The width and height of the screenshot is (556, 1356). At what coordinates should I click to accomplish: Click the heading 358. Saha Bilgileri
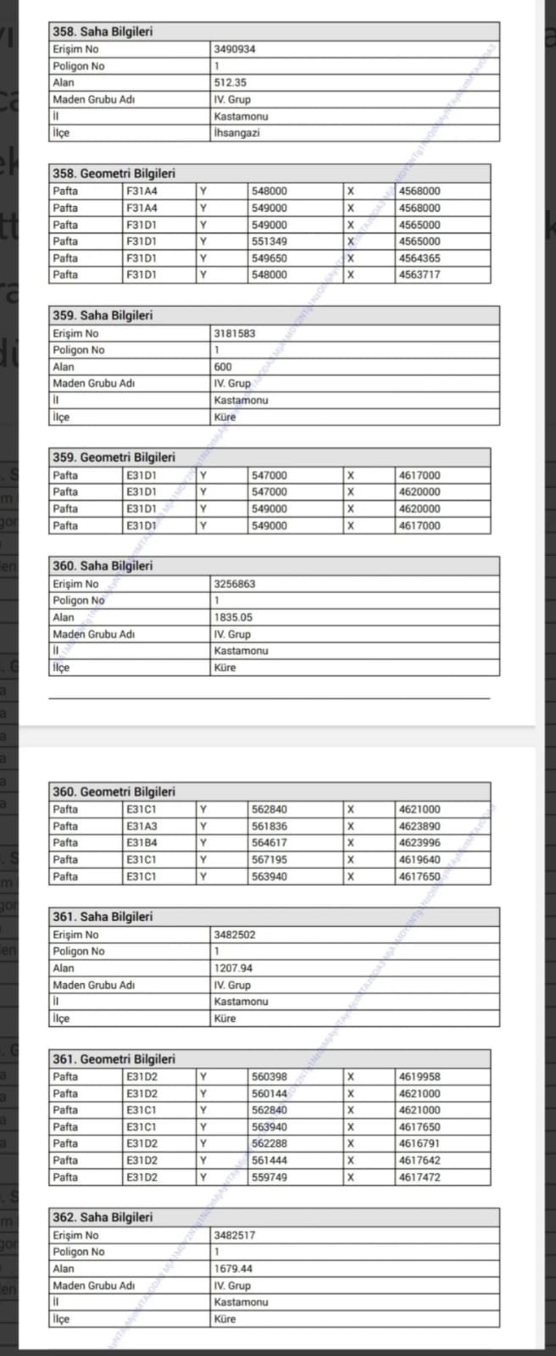coord(103,32)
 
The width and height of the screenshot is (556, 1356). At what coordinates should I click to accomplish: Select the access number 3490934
coord(235,49)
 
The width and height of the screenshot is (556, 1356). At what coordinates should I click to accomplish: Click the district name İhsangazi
coord(236,133)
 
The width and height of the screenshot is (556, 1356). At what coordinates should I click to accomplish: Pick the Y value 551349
coord(270,242)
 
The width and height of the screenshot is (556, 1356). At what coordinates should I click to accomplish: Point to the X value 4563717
coord(420,275)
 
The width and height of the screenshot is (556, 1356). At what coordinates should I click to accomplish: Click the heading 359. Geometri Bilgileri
coord(114,458)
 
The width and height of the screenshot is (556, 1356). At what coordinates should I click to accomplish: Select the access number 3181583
coord(235,334)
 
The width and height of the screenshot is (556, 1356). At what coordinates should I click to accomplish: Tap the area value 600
coord(223,367)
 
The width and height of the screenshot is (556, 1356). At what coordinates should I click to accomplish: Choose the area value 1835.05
coord(233,618)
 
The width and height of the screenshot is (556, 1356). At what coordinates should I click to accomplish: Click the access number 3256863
coord(235,584)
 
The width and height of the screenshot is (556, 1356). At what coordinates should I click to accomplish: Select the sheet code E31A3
coord(142,826)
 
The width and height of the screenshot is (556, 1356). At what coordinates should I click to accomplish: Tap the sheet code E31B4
coord(142,843)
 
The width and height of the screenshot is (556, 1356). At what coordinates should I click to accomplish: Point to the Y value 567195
coord(270,859)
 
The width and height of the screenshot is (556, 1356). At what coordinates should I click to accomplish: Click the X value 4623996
coord(420,843)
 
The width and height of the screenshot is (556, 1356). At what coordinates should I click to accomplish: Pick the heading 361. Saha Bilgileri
coord(103,917)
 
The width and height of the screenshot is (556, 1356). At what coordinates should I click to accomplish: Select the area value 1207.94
coord(233,968)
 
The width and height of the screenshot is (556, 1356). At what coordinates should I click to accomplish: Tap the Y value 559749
coord(270,1177)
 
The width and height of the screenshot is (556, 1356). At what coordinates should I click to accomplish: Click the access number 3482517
coord(235,1236)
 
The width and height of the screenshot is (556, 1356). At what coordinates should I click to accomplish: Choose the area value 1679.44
coord(233,1269)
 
